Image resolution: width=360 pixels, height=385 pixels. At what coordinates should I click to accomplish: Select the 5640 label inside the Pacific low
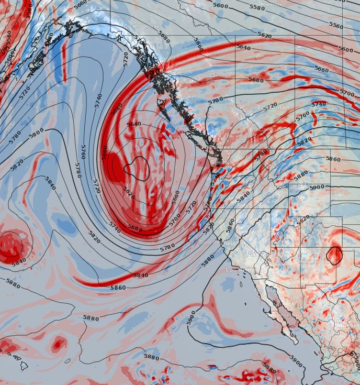tap(134, 124)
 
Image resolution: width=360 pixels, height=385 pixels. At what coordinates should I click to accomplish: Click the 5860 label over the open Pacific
tap(118, 288)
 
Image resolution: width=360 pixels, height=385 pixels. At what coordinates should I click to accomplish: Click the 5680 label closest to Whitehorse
tap(164, 38)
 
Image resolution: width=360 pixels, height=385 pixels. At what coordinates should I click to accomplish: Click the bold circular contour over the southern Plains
tap(334, 255)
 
